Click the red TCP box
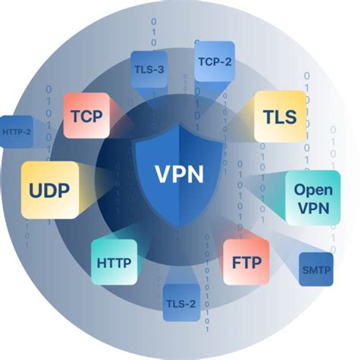pyautogui.click(x=86, y=116)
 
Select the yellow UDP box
pyautogui.click(x=50, y=190)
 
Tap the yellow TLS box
pyautogui.click(x=280, y=116)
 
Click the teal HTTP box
pyautogui.click(x=114, y=262)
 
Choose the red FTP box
pyautogui.click(x=247, y=262)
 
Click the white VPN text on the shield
pyautogui.click(x=179, y=174)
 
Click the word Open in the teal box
pyautogui.click(x=313, y=190)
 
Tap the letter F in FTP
pyautogui.click(x=236, y=262)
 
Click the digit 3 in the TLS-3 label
pyautogui.click(x=160, y=69)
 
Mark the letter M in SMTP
pyautogui.click(x=313, y=271)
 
